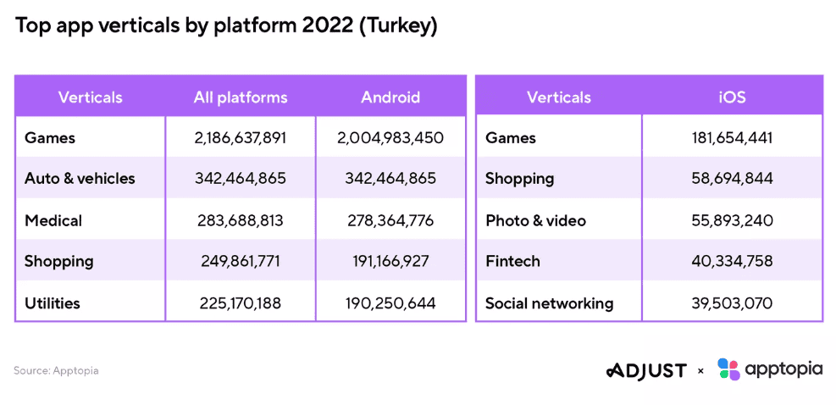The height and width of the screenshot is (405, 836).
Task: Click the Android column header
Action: tap(390, 97)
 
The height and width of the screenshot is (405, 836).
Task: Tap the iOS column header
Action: tap(732, 97)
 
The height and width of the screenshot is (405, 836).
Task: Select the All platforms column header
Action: tap(241, 97)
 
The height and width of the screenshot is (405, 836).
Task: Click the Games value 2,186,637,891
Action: tap(241, 138)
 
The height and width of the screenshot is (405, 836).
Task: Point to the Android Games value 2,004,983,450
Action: tap(390, 138)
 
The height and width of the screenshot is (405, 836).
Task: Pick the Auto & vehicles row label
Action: tap(80, 179)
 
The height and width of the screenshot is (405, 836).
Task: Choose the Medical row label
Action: tap(53, 220)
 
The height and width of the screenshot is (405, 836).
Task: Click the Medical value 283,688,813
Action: tap(241, 220)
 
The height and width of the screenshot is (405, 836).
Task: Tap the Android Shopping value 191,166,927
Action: tap(390, 262)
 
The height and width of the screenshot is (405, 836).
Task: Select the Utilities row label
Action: tap(53, 302)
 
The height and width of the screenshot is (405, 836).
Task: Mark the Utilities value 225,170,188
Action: tap(241, 302)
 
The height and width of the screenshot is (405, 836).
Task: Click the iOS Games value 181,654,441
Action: tap(732, 138)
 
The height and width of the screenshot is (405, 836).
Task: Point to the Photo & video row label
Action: tap(535, 220)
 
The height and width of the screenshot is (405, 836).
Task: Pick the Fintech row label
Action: tap(512, 262)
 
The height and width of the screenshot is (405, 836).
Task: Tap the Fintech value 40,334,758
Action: tap(732, 262)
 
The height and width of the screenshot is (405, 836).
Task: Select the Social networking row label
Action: tap(549, 302)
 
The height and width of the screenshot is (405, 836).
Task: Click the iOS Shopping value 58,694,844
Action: tap(732, 179)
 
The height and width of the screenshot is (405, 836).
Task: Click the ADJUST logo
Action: tap(646, 370)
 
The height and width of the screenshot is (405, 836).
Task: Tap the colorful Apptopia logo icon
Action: tap(728, 369)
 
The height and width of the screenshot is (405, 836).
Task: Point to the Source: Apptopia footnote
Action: tap(56, 370)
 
